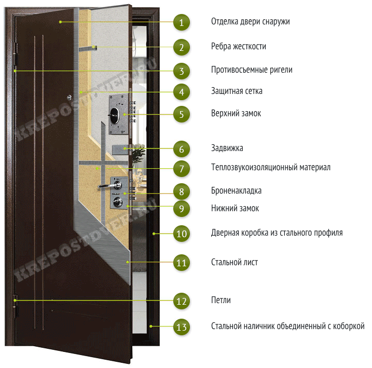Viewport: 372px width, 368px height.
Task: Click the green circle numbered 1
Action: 181,22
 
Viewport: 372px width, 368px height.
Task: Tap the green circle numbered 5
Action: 181,114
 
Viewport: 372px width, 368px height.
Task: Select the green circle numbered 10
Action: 181,234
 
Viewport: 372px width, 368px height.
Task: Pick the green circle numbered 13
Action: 181,327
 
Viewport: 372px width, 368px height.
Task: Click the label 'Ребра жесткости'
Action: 239,46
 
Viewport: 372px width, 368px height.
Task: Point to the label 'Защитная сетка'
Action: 237,91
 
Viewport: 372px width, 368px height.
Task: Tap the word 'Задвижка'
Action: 227,148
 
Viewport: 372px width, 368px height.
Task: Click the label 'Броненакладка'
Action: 236,190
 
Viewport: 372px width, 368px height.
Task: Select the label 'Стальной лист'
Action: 235,262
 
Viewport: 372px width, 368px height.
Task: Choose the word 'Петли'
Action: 221,300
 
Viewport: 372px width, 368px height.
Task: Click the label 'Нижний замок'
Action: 235,208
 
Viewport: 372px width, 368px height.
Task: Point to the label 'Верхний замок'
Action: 236,114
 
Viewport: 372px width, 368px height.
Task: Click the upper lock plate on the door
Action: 118,114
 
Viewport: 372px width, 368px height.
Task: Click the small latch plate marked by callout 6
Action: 120,149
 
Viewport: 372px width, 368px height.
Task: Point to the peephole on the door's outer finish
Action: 69,97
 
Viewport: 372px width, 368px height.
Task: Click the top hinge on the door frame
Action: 16,54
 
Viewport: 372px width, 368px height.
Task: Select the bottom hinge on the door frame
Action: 16,306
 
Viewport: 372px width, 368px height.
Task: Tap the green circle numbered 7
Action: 181,169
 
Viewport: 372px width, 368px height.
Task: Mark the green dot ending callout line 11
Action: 128,262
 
